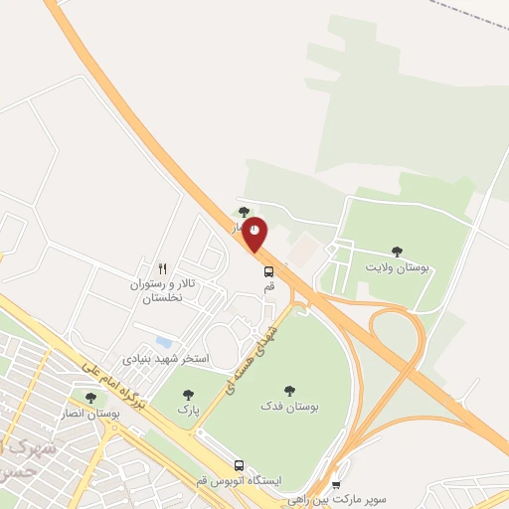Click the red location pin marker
(x=255, y=233)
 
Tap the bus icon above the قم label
(x=268, y=270)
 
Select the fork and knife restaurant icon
(x=163, y=268)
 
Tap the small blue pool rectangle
(x=164, y=342)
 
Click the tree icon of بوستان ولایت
(x=398, y=252)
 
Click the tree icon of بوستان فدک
(x=289, y=391)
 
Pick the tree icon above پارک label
(x=188, y=395)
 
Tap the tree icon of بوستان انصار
(x=90, y=397)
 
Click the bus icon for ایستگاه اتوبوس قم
(x=239, y=464)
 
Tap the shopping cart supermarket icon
(x=335, y=484)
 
